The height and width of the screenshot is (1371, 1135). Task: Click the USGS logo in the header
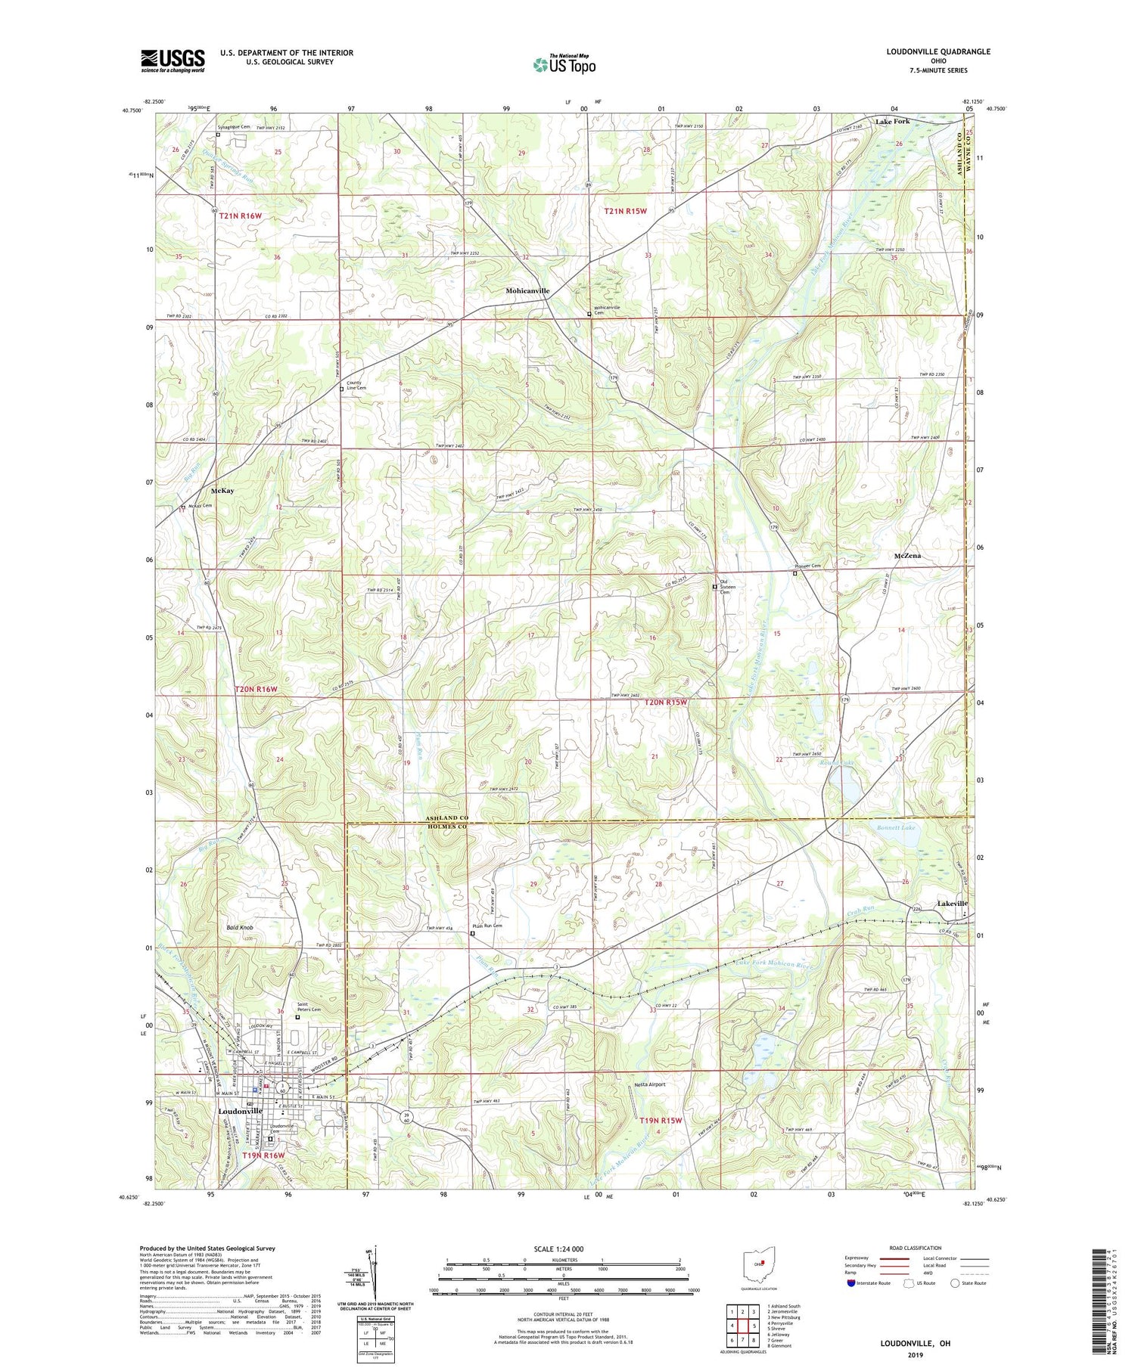173,60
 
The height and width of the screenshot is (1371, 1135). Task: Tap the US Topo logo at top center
564,65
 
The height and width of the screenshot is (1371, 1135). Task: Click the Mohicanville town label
527,290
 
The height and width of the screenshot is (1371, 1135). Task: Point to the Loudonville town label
240,1111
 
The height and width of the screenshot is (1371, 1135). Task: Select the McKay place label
222,491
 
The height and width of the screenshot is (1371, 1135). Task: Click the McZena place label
906,556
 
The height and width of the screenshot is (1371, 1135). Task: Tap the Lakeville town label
952,904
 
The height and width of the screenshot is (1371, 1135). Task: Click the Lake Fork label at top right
892,121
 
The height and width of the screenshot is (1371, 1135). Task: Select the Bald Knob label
239,926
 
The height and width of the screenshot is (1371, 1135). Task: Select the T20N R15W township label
666,703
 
